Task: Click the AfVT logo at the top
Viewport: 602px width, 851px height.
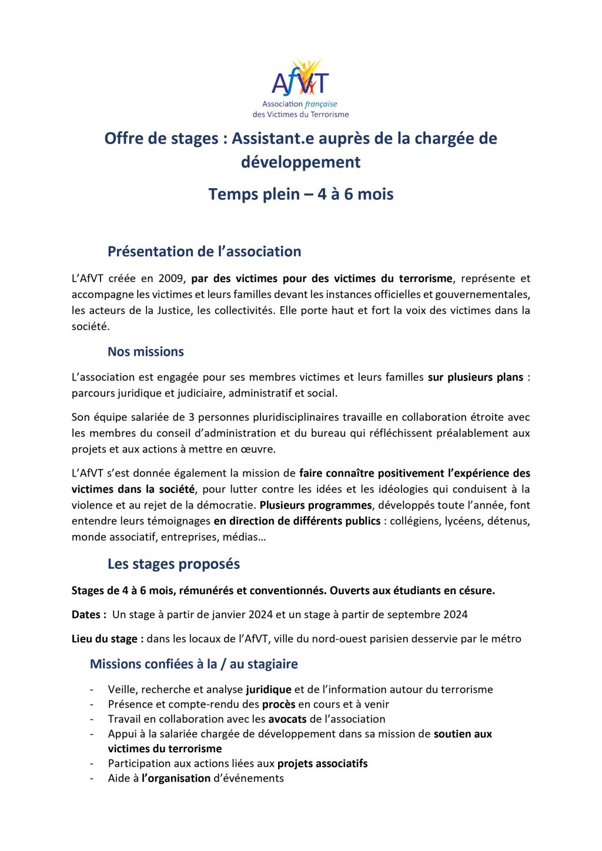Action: point(300,88)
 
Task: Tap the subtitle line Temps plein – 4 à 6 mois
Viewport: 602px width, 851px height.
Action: point(300,195)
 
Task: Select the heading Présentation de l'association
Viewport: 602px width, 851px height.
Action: point(204,252)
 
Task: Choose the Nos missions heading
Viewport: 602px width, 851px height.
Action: point(145,352)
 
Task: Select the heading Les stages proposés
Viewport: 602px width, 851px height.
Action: point(173,564)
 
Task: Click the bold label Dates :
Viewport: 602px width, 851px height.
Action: point(89,615)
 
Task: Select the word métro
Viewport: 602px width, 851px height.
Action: point(506,639)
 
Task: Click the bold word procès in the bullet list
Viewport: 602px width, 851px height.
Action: point(279,705)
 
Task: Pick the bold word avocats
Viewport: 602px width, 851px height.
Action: point(287,719)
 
